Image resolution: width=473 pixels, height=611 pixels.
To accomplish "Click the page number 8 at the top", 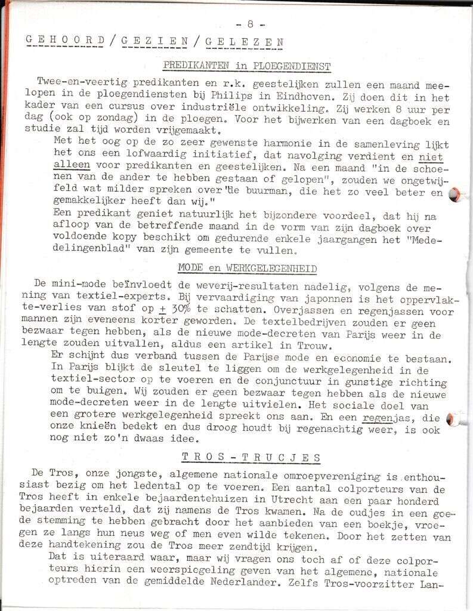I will pyautogui.click(x=251, y=24).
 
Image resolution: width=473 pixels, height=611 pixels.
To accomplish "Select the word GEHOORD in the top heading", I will pyautogui.click(x=66, y=41).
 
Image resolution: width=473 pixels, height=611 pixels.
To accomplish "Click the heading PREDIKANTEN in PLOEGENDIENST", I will pyautogui.click(x=247, y=66).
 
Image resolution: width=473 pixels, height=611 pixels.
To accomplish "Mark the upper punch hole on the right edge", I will pyautogui.click(x=456, y=193).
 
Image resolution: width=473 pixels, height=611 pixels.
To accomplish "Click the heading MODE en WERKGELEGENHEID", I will pyautogui.click(x=247, y=269).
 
